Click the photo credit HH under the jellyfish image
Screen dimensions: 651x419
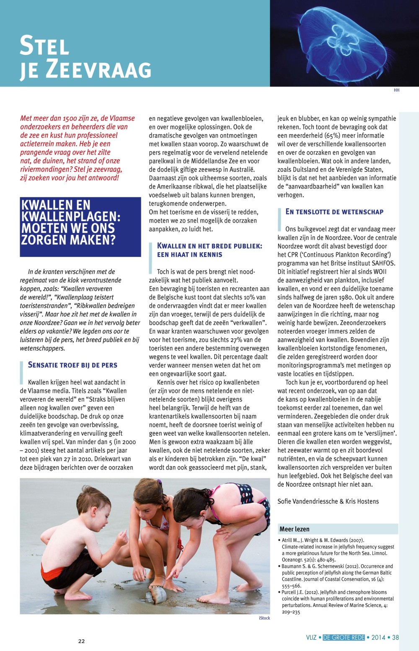[396, 90]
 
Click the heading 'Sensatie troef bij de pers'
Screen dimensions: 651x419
[72, 365]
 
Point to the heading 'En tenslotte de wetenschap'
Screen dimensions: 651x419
[334, 212]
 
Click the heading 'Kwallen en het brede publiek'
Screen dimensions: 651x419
[209, 250]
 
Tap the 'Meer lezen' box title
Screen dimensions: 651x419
[295, 529]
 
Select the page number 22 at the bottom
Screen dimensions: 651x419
[81, 641]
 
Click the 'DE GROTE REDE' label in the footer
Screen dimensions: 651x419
[344, 638]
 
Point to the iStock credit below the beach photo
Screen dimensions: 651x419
[264, 618]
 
